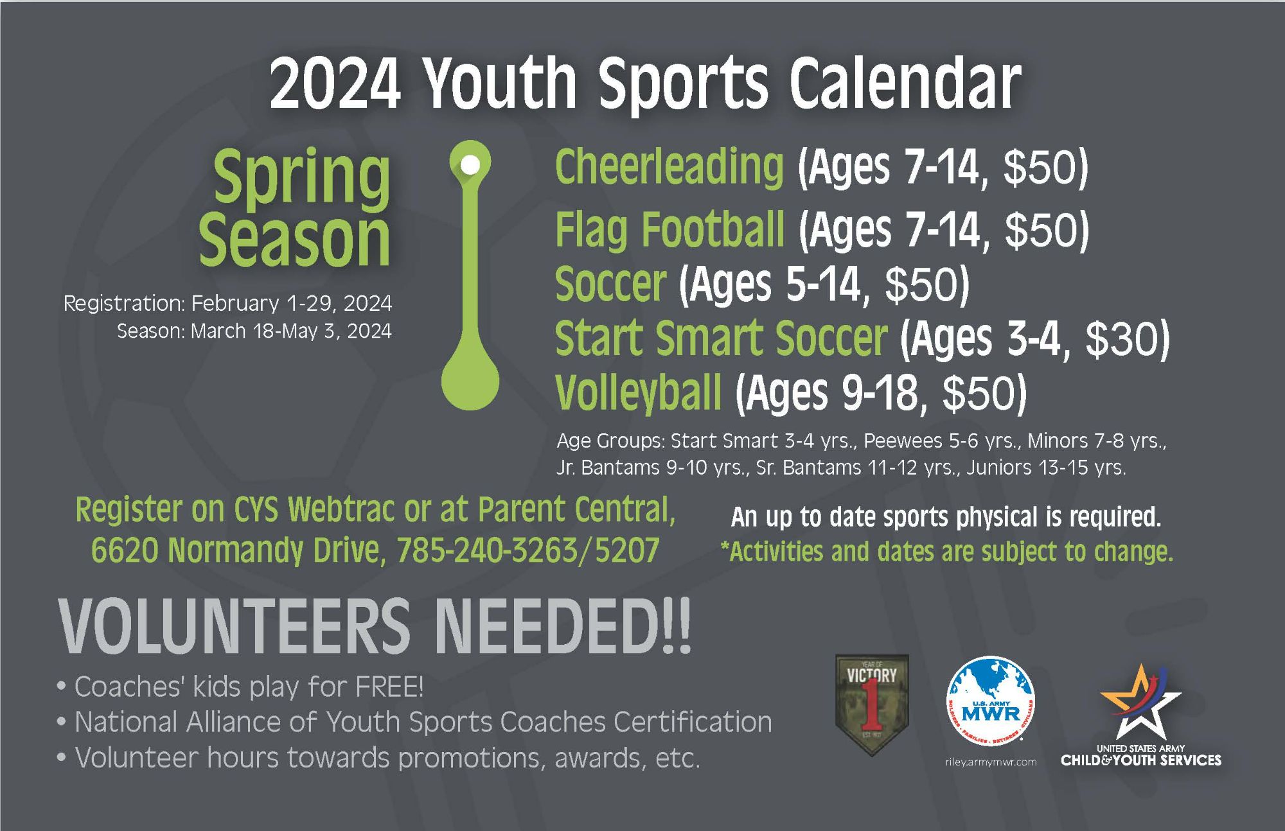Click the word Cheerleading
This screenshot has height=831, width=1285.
(669, 167)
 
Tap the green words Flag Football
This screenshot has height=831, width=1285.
(669, 229)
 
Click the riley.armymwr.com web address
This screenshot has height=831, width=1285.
(991, 762)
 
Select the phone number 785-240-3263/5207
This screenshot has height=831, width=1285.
(528, 551)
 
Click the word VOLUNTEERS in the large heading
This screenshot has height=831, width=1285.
(235, 625)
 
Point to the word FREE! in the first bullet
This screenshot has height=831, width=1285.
(389, 687)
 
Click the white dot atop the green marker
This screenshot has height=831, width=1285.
(470, 164)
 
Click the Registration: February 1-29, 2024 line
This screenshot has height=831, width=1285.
(227, 303)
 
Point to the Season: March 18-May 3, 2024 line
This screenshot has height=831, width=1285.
(254, 331)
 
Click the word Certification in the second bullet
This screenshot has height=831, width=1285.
(693, 722)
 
